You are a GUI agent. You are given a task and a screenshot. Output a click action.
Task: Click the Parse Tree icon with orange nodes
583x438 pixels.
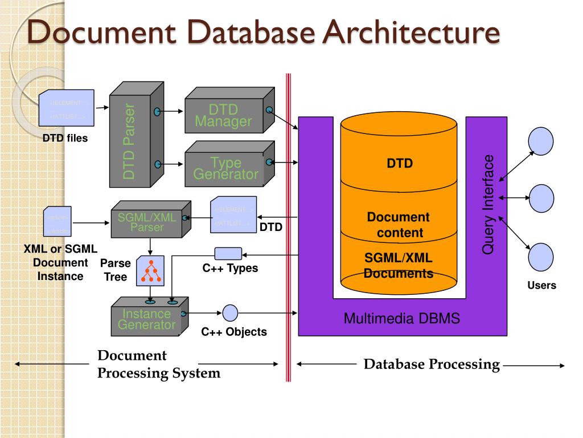point(150,271)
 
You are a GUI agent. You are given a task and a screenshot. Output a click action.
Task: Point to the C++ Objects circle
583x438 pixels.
point(230,313)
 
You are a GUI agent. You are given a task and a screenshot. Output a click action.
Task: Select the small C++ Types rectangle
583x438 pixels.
point(228,253)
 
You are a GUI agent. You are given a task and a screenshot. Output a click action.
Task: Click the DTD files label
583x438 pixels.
point(65,137)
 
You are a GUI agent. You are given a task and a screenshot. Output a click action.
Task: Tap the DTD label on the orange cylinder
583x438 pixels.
point(399,164)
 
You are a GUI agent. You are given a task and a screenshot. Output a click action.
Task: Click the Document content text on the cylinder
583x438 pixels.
point(399,225)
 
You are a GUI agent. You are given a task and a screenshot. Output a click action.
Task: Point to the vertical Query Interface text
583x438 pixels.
point(488,204)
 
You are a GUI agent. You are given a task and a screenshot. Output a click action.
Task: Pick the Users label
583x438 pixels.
point(541,285)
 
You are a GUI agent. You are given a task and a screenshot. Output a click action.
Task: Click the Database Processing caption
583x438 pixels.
point(432,364)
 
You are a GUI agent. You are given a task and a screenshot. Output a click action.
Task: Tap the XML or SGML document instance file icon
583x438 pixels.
point(58,222)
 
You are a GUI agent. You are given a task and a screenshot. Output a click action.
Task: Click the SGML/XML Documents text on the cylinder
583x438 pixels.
point(399,266)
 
